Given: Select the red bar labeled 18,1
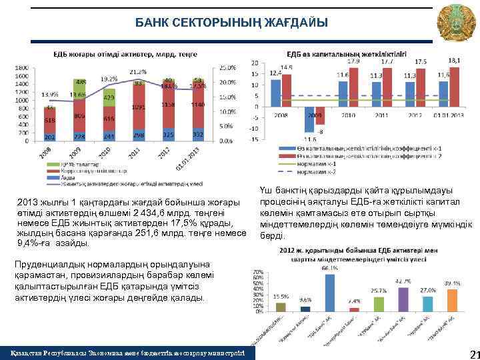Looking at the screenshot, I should tap(455, 86).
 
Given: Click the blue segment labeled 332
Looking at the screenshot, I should tap(197, 135).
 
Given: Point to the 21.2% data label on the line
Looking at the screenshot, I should tap(138, 71).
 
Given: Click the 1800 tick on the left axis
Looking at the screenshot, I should tap(22, 67).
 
